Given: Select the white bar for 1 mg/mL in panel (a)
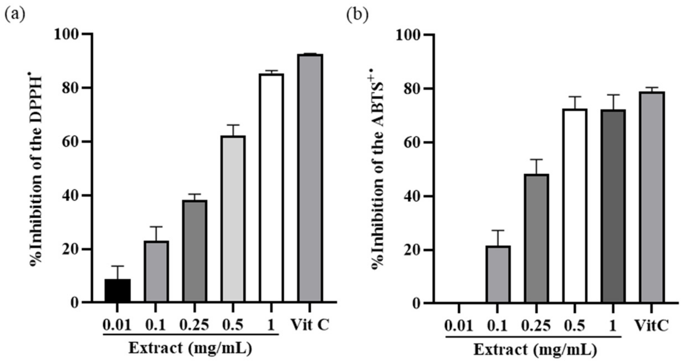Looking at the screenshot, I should coord(271,188).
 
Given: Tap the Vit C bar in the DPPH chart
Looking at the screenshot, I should coord(310,178).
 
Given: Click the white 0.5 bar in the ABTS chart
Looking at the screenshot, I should coord(575,205).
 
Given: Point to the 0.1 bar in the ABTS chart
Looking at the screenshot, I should coord(498,274).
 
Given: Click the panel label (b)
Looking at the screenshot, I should coord(357,15).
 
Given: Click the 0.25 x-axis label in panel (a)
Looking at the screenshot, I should coord(194,325).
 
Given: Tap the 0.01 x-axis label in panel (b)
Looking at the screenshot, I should coord(459,326).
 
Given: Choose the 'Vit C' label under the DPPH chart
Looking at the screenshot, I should coord(310,325).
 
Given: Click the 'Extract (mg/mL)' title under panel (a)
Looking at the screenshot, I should coord(190,348).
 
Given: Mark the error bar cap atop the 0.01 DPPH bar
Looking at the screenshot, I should coord(118,266).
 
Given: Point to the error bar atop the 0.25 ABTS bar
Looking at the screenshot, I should coord(537,167).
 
